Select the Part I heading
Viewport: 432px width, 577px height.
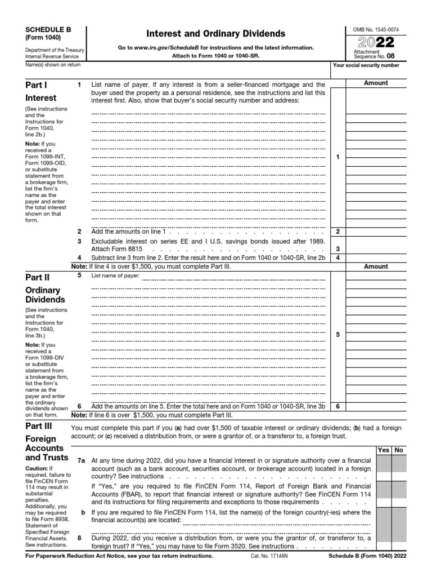click(38, 85)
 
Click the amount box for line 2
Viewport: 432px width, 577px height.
click(376, 232)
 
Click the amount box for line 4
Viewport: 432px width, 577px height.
click(376, 258)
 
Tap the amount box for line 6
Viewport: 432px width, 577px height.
click(376, 406)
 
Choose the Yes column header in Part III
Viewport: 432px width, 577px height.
click(384, 450)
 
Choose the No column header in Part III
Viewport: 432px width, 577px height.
click(399, 450)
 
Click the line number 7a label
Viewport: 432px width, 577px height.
click(82, 460)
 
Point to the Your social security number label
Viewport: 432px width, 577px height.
click(366, 65)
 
